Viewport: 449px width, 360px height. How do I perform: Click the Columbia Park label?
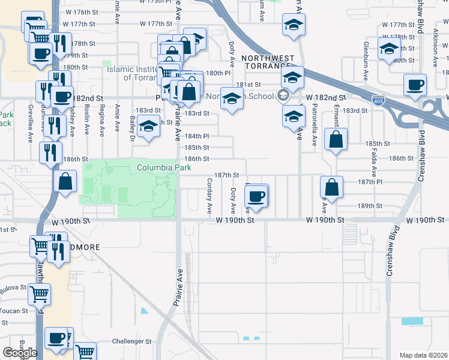coord(159,167)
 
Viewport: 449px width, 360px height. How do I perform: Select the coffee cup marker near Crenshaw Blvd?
coord(415,85)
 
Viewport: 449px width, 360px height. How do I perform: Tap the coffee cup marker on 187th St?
coord(257,196)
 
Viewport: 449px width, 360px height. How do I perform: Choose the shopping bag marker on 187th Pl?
coord(331,187)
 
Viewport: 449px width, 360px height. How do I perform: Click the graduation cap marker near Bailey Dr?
coord(148,127)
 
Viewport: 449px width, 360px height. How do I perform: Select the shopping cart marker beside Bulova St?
coord(39,294)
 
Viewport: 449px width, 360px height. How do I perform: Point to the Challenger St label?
coord(132,341)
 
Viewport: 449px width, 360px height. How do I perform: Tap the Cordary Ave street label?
coord(209,196)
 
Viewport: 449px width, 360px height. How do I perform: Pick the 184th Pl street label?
coord(196,136)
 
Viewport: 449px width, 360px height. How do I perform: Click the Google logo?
coord(20,353)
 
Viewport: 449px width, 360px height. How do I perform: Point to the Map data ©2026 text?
coord(423,355)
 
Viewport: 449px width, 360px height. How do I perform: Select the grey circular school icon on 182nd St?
coord(283,95)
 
